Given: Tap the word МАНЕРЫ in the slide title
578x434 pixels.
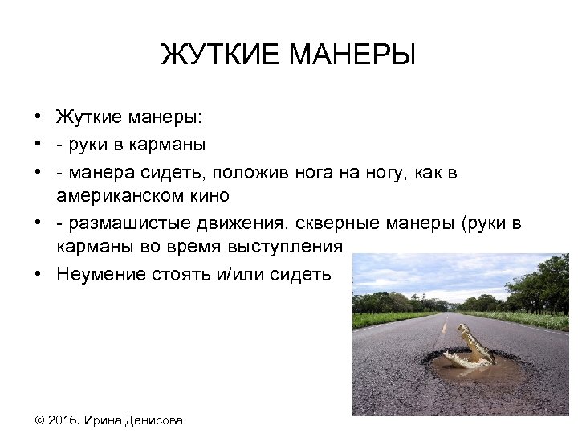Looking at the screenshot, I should [x=352, y=56].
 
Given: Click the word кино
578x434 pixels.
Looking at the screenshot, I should [x=210, y=195].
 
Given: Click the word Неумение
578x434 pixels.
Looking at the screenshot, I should [x=100, y=274].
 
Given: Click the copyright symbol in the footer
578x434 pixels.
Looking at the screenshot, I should [x=40, y=420].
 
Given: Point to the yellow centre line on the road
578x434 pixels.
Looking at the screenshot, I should [x=443, y=326].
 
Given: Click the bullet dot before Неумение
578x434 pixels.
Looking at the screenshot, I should [x=38, y=273].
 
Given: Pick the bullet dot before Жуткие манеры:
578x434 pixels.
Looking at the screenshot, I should [x=38, y=117].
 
